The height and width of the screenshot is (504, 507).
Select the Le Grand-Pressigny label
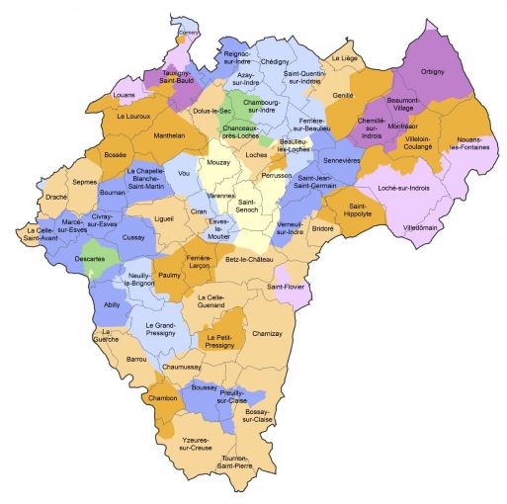pyautogui.click(x=160, y=331)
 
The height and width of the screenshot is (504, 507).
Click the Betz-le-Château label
pyautogui.click(x=249, y=259)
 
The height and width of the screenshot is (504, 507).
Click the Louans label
pyautogui.click(x=125, y=95)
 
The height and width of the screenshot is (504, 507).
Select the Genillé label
pyautogui.click(x=343, y=95)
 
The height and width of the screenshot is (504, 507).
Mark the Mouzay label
pyautogui.click(x=219, y=159)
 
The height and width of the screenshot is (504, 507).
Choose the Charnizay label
pyautogui.click(x=268, y=333)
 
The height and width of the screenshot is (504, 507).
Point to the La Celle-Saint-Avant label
pyautogui.click(x=35, y=233)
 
